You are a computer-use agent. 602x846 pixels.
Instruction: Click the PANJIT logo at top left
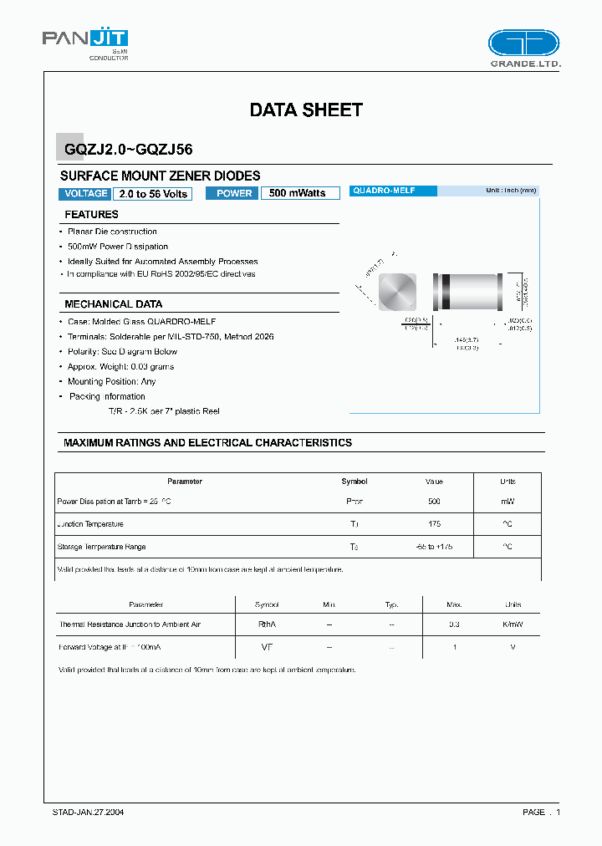coord(85,43)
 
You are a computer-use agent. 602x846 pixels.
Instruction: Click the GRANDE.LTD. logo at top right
coord(523,48)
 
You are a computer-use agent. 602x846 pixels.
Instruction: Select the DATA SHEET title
coord(306,110)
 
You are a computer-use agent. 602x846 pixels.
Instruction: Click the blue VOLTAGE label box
coord(85,193)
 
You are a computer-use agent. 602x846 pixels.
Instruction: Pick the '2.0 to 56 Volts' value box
coord(153,193)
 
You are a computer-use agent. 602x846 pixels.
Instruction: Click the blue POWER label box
coord(234,193)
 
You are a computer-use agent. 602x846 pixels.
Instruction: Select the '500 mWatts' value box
coord(299,193)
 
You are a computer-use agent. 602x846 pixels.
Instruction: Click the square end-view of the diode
coord(396,293)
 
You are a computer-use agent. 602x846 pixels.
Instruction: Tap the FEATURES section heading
coord(92,215)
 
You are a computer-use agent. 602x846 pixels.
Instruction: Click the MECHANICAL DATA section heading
coord(114,304)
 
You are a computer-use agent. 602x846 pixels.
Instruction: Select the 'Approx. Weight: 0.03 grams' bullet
coord(121,367)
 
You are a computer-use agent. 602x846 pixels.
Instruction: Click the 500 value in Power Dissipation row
coord(434,502)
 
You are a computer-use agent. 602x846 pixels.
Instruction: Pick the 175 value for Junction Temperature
coord(434,524)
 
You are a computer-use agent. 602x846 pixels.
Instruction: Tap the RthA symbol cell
coord(267,624)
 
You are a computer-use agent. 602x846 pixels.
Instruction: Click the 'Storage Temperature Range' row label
coord(101,547)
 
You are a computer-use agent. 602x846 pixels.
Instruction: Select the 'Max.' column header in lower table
coord(454,604)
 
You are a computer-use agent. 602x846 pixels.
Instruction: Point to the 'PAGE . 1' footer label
coord(541,812)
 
